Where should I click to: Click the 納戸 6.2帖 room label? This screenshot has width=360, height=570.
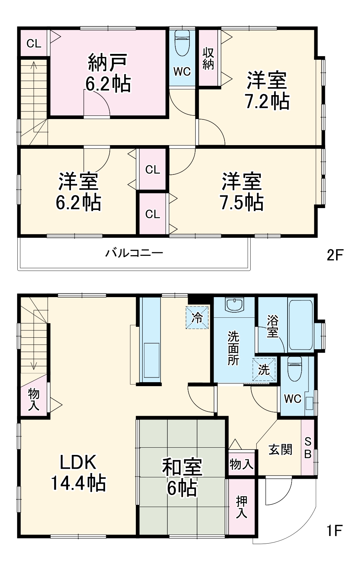pyautogui.click(x=108, y=73)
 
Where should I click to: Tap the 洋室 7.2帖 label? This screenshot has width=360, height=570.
pyautogui.click(x=267, y=90)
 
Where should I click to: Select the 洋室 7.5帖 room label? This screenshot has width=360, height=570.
pyautogui.click(x=242, y=192)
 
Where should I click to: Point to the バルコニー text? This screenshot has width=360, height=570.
pyautogui.click(x=134, y=253)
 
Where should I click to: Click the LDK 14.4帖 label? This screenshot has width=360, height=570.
pyautogui.click(x=78, y=472)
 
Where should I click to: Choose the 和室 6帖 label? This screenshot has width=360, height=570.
pyautogui.click(x=182, y=477)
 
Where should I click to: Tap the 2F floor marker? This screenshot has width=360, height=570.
pyautogui.click(x=334, y=255)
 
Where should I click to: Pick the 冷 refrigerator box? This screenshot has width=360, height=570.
pyautogui.click(x=197, y=318)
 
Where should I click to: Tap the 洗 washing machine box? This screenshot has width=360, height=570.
pyautogui.click(x=264, y=370)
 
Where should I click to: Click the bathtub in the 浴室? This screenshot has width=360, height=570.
pyautogui.click(x=301, y=324)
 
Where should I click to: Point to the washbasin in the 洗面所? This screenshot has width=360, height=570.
pyautogui.click(x=235, y=305)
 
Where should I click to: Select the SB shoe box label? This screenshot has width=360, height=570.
pyautogui.click(x=308, y=447)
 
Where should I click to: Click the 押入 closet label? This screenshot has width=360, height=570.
pyautogui.click(x=241, y=507)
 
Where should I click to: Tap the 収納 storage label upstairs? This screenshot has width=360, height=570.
pyautogui.click(x=208, y=58)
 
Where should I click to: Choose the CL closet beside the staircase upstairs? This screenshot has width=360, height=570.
pyautogui.click(x=34, y=43)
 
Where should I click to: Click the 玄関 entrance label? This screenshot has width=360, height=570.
pyautogui.click(x=280, y=449)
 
